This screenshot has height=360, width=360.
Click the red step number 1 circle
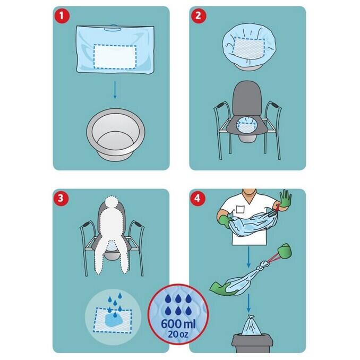(x=62, y=16)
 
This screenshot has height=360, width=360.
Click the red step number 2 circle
(x=198, y=16)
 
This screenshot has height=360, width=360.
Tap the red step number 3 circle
(x=61, y=198)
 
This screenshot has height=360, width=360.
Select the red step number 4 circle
(x=198, y=198)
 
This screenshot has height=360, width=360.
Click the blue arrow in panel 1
(x=115, y=90)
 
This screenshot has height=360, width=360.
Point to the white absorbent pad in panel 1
(x=115, y=57)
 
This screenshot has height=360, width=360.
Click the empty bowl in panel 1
(x=116, y=134)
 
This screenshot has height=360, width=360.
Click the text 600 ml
(x=178, y=324)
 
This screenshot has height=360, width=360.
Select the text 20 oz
(x=178, y=334)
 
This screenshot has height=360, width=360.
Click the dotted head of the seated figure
(x=112, y=203)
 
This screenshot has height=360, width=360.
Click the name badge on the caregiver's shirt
(x=241, y=209)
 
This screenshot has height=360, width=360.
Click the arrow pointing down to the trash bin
(x=248, y=303)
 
